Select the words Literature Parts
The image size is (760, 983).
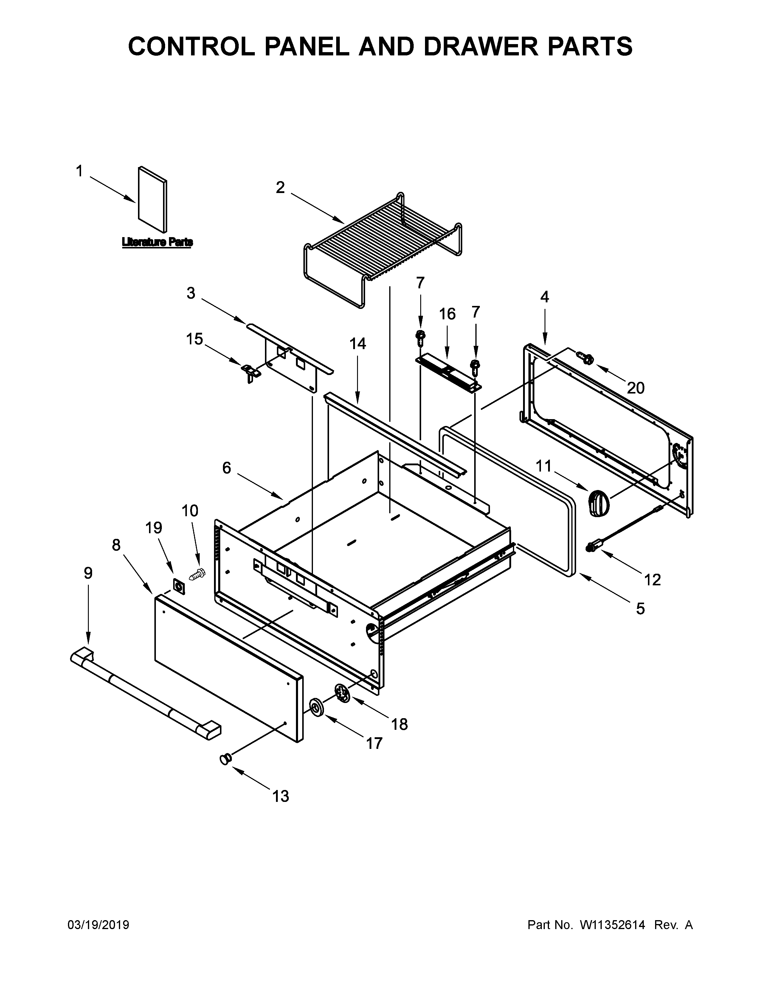tap(157, 242)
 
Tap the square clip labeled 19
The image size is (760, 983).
tap(179, 587)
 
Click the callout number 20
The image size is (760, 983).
tap(635, 388)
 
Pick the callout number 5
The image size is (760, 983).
tap(640, 609)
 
